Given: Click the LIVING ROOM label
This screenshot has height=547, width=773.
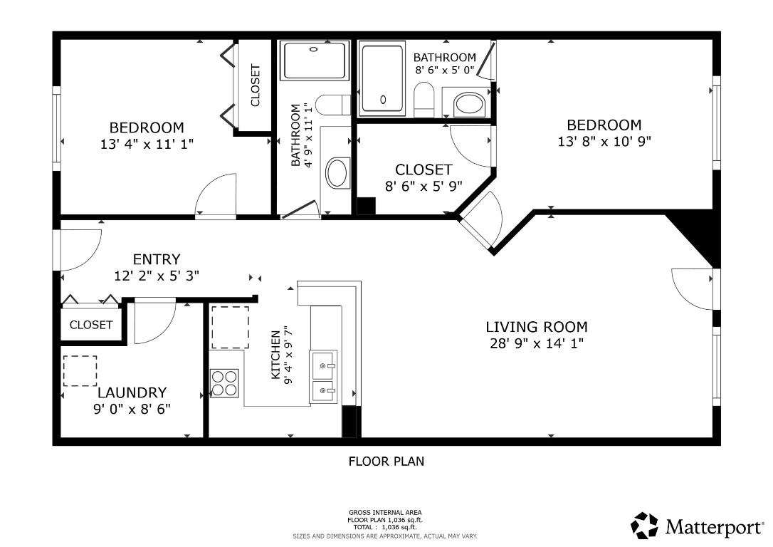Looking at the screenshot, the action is click(x=537, y=327).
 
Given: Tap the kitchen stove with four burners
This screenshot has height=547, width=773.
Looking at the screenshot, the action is click(x=224, y=383).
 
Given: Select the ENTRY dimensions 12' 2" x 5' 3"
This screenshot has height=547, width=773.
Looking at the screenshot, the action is click(x=157, y=275).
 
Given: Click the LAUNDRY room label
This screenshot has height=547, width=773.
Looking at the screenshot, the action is click(x=132, y=392).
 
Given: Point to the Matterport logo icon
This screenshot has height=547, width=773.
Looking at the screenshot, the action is click(x=645, y=526).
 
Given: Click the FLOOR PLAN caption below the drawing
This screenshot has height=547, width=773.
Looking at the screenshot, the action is click(x=386, y=462).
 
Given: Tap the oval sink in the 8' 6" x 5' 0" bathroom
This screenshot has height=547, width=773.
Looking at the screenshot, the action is click(x=469, y=104).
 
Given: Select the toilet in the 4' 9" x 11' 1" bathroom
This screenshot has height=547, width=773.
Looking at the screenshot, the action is click(x=331, y=105).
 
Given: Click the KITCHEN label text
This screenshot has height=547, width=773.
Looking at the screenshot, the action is click(x=275, y=355).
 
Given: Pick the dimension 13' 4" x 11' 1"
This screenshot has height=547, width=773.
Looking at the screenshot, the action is click(x=147, y=145).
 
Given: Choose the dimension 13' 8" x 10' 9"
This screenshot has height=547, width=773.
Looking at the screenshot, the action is click(x=604, y=142).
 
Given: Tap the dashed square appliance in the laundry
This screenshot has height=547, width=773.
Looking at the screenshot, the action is click(x=80, y=371).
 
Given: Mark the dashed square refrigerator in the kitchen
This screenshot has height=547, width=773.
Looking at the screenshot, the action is click(x=230, y=328).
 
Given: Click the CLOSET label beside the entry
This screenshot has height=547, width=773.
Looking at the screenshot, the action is click(x=91, y=325).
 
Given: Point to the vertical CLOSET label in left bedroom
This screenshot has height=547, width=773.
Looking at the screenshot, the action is click(x=255, y=85).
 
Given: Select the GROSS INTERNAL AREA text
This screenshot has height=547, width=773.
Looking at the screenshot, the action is click(x=385, y=513).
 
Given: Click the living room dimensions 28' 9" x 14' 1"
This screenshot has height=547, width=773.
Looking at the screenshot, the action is click(x=537, y=343).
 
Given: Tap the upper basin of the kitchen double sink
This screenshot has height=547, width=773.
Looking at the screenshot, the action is click(x=323, y=365).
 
